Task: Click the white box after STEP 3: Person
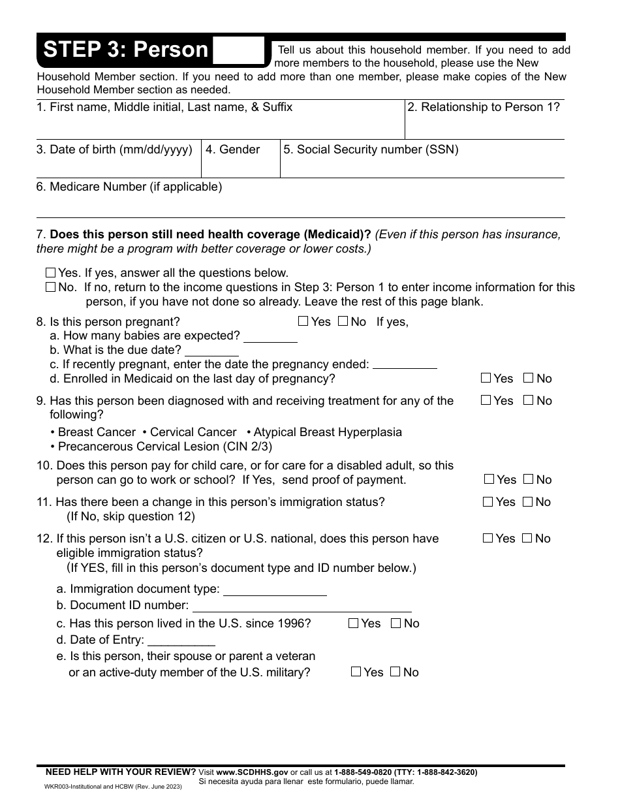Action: tap(238, 50)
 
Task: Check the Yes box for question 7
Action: tap(51, 273)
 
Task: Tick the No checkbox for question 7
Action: tap(51, 287)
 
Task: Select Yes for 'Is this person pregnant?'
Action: tap(303, 321)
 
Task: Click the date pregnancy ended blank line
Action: tap(404, 366)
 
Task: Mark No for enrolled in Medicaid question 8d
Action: tap(529, 378)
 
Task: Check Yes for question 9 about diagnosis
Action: tap(486, 400)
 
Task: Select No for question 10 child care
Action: tap(528, 479)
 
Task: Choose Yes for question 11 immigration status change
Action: tap(488, 502)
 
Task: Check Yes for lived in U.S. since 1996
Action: tap(353, 623)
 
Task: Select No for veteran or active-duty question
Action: tap(395, 672)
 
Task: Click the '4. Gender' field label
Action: tap(232, 150)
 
